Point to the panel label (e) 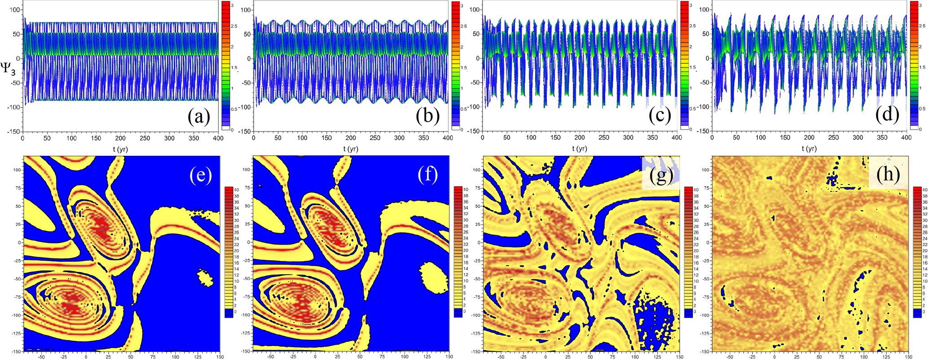pos(200,175)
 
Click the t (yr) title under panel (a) pos(120,149)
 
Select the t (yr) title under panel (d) pos(809,148)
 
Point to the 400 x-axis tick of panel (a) pos(218,139)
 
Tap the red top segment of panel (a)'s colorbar pos(226,6)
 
